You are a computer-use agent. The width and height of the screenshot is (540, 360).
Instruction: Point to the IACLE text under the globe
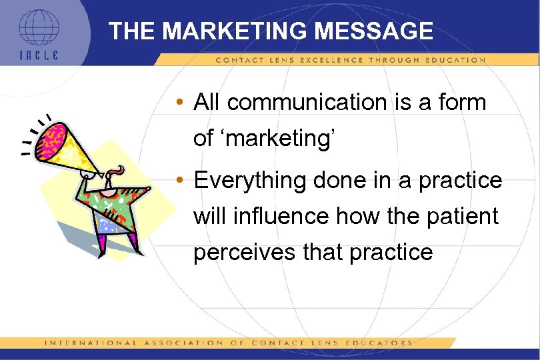(39, 55)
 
